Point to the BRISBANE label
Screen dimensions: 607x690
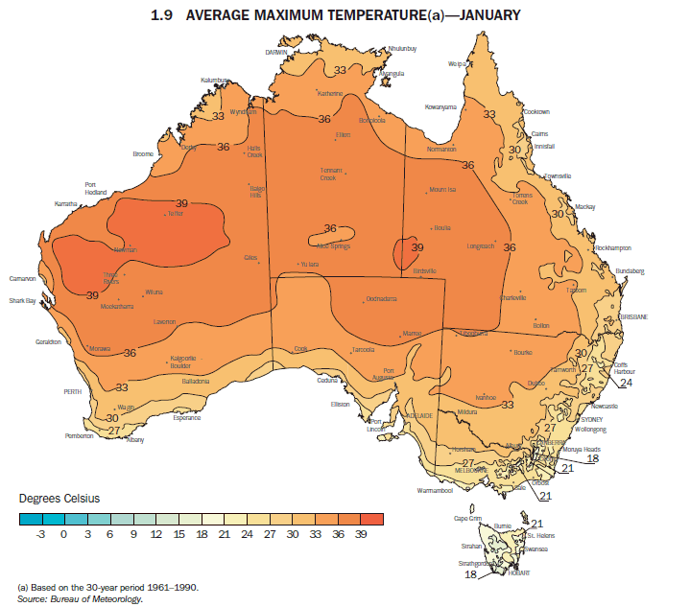coord(634,315)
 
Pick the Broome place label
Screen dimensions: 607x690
coord(143,153)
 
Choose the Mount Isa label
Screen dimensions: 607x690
coord(443,189)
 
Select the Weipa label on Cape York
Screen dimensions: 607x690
coord(456,64)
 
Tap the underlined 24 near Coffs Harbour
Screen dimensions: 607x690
coord(626,383)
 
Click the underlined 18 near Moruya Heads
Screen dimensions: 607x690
coord(592,458)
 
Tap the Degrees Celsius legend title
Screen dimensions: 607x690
coord(59,499)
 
